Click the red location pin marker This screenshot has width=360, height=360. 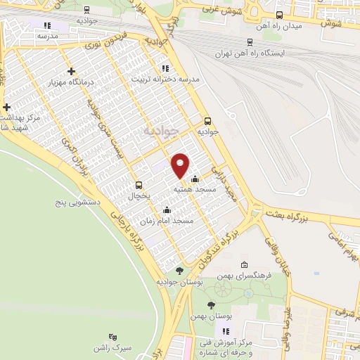[181, 165]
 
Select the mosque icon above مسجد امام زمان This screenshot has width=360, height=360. [167, 209]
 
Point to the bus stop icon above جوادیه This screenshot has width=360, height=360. [207, 120]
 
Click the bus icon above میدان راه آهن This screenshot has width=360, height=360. [280, 15]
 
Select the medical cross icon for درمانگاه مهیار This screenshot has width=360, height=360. [71, 71]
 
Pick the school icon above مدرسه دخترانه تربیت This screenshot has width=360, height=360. [165, 68]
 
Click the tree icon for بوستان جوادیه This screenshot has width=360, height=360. [180, 271]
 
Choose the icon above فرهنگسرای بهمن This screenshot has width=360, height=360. [243, 265]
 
